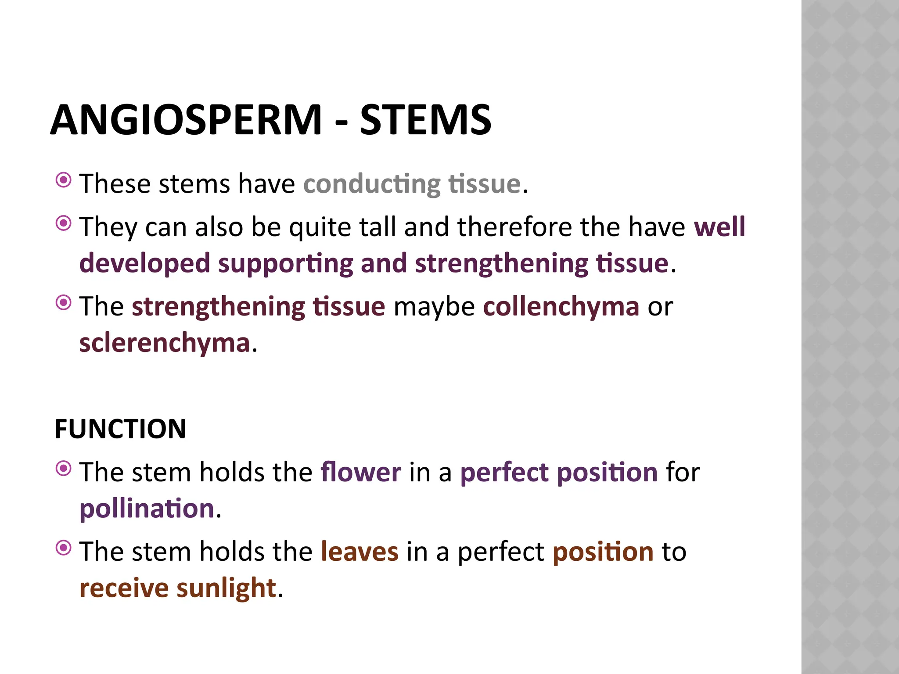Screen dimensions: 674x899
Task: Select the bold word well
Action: [x=719, y=227]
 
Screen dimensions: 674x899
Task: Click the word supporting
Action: [x=285, y=263]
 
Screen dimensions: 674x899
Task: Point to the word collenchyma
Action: [x=561, y=306]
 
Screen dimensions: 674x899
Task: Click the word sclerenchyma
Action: [x=165, y=343]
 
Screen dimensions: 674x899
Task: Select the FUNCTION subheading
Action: [x=120, y=429]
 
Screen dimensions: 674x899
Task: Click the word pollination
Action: [x=147, y=509]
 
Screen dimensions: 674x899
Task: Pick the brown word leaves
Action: [x=360, y=552]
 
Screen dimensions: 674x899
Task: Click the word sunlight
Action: [x=226, y=588]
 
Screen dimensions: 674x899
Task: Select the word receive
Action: [x=124, y=588]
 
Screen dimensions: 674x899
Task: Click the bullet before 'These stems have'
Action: [x=64, y=180]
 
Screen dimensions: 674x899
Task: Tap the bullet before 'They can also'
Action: [x=64, y=223]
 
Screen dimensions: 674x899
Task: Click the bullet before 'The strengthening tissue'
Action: [x=64, y=303]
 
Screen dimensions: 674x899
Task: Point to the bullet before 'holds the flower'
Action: [x=64, y=469]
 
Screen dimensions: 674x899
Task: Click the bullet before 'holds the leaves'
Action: [x=64, y=548]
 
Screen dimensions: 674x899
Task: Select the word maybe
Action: [x=434, y=306]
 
